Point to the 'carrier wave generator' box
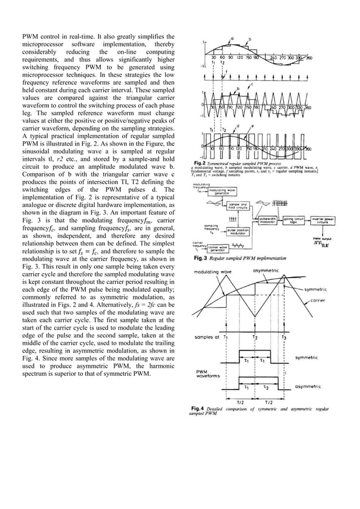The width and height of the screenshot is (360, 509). [x=221, y=247]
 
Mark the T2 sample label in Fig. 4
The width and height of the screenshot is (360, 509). [x=255, y=337]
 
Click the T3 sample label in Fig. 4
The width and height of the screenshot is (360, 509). [x=284, y=337]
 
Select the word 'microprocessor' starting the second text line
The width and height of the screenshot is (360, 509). [x=41, y=44]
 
